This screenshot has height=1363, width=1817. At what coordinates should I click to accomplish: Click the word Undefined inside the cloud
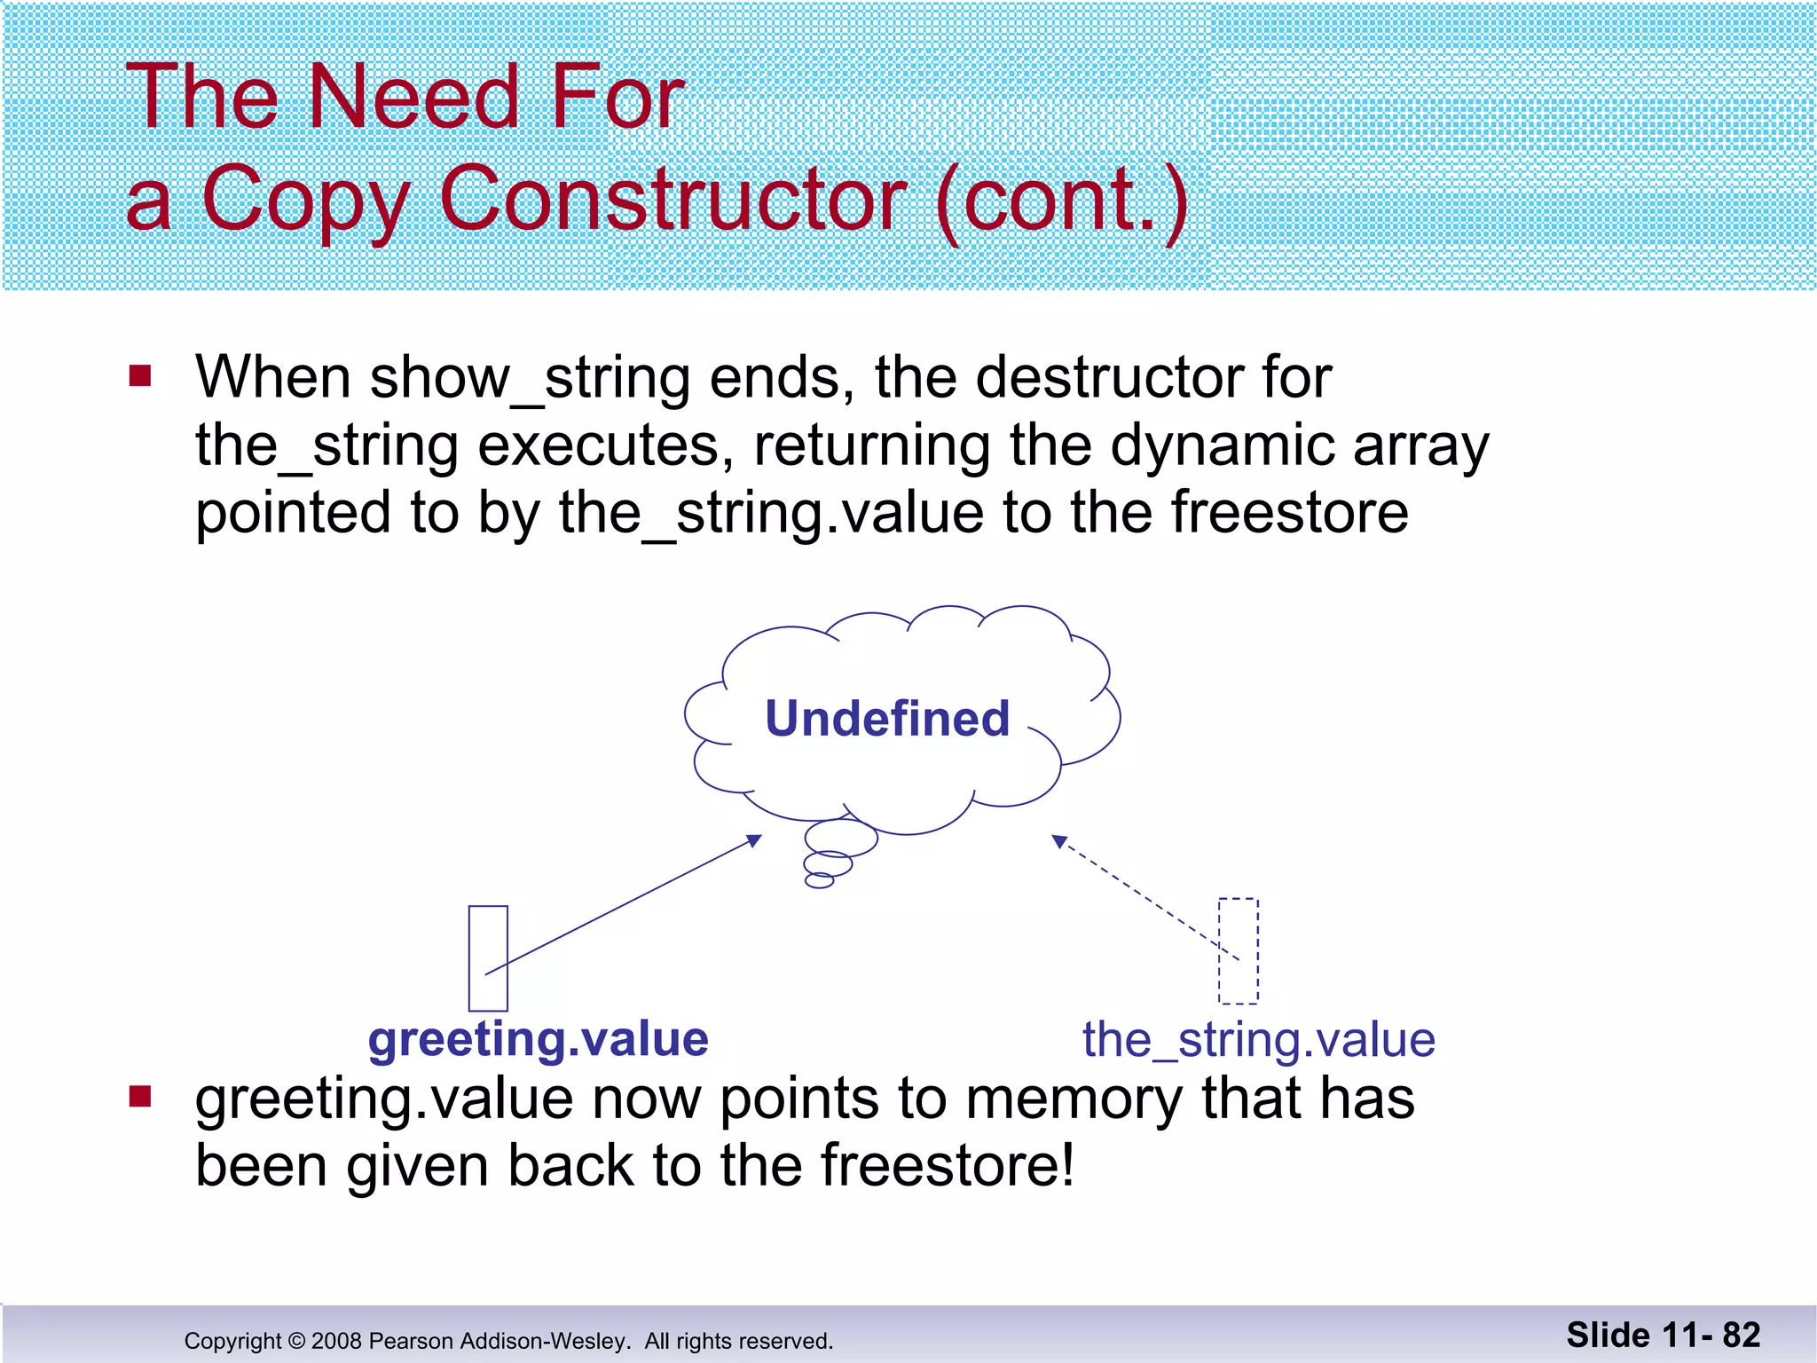[887, 719]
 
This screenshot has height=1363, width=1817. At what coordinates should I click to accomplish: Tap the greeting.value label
[539, 1039]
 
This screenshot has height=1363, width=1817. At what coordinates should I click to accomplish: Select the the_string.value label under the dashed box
[1258, 1039]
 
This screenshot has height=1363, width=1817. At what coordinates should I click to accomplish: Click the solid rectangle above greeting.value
[488, 957]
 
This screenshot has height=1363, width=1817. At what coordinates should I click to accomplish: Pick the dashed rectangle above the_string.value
[1239, 950]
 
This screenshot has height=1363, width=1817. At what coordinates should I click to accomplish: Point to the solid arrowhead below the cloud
[754, 839]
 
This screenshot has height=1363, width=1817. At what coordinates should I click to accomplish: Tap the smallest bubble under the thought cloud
[819, 880]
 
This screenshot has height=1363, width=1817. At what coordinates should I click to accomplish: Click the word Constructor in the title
[672, 199]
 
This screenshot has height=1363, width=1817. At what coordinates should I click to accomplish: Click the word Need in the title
[413, 98]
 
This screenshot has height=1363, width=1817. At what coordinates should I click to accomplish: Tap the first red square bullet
[140, 376]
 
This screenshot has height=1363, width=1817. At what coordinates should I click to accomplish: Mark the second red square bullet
[140, 1097]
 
